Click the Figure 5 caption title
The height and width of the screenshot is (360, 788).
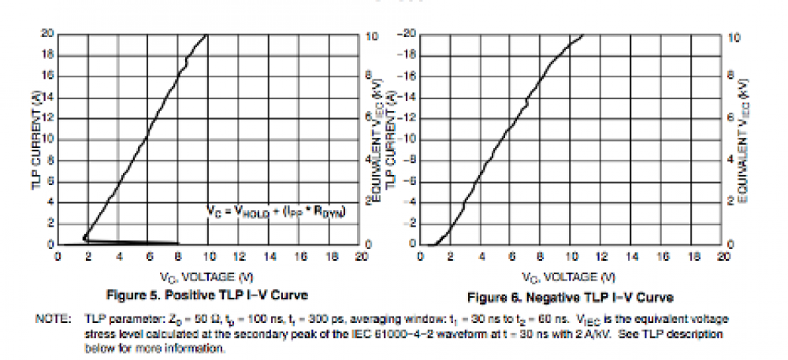(x=206, y=295)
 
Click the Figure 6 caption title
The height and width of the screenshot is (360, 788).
(x=571, y=297)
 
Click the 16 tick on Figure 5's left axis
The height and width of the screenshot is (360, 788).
(x=47, y=76)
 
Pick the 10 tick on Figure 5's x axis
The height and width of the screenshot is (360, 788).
(x=209, y=257)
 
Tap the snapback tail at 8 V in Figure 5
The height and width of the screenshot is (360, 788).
(x=177, y=243)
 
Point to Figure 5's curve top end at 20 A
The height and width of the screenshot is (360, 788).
(x=206, y=35)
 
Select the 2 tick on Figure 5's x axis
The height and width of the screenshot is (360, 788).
(x=87, y=257)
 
